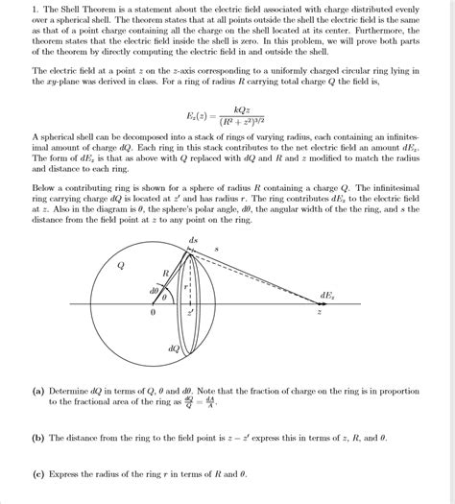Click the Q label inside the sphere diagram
point(119,266)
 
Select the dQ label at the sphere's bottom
point(174,348)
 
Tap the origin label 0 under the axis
point(150,313)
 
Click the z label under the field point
point(320,313)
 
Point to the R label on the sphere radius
point(165,275)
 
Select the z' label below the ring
point(191,313)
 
